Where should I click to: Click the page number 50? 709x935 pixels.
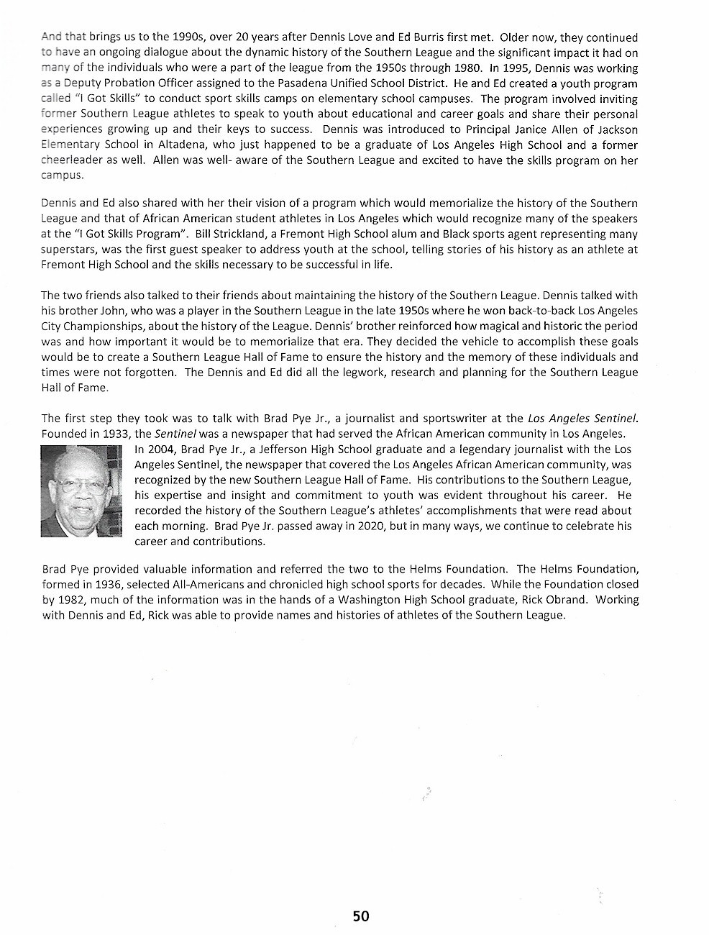pos(360,916)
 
